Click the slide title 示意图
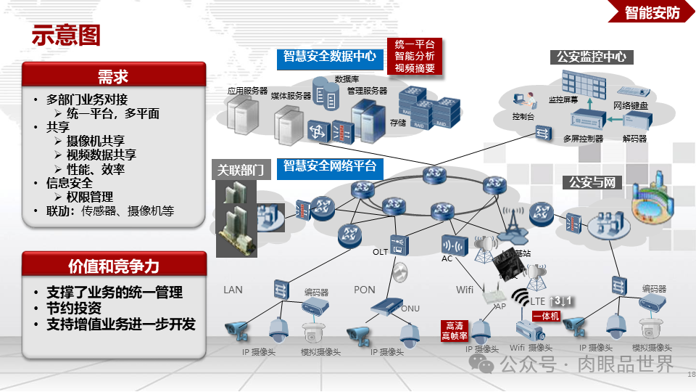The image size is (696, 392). (65, 36)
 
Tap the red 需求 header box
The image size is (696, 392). (113, 75)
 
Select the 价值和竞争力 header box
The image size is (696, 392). (113, 266)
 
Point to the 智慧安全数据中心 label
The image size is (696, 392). (330, 56)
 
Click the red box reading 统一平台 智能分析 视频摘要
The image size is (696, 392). (415, 56)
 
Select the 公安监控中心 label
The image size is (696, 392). (591, 57)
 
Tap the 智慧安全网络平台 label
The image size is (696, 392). (330, 167)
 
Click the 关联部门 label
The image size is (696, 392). (240, 171)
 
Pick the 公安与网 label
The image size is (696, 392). (592, 182)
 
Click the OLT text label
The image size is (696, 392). (381, 252)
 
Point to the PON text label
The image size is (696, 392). (365, 290)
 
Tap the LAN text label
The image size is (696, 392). (233, 290)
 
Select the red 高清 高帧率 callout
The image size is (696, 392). (455, 331)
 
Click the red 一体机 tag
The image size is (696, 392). (545, 317)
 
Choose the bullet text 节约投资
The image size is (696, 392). (75, 309)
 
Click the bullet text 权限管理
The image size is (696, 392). (90, 197)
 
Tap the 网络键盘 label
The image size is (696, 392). (631, 106)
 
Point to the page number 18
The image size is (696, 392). (690, 374)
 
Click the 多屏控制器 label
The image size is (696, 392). (583, 138)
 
